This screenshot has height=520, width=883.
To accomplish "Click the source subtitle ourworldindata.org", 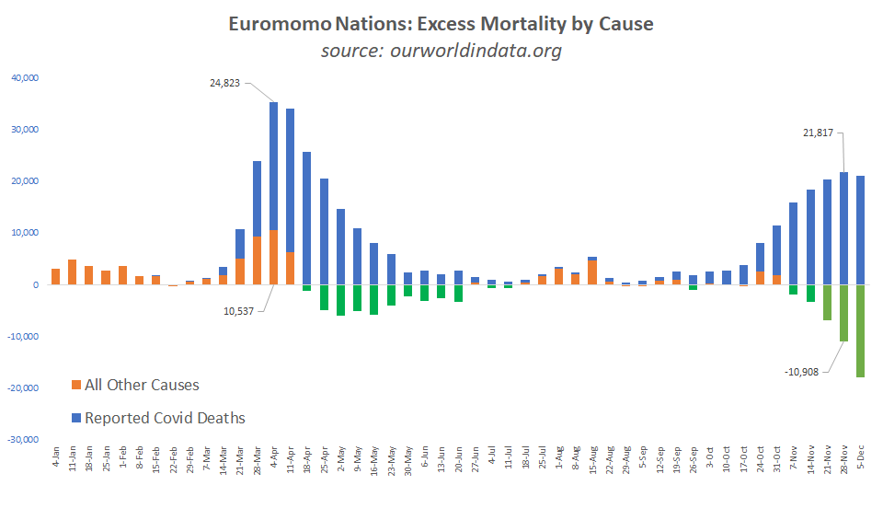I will click(441, 51).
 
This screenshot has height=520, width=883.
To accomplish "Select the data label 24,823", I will click(230, 83).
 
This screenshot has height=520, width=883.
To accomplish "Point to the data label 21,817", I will click(818, 133).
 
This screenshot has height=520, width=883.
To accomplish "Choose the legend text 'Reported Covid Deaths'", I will click(165, 418).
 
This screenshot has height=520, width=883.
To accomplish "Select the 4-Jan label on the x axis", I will click(56, 457).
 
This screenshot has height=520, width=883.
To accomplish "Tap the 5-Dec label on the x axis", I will click(861, 457).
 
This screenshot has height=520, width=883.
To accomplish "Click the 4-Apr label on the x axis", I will click(274, 457).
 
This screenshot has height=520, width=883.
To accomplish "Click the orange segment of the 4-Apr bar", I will click(274, 258).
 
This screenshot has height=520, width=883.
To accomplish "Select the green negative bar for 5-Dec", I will click(861, 330).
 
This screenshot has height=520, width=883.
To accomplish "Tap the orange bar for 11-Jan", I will click(73, 272).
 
